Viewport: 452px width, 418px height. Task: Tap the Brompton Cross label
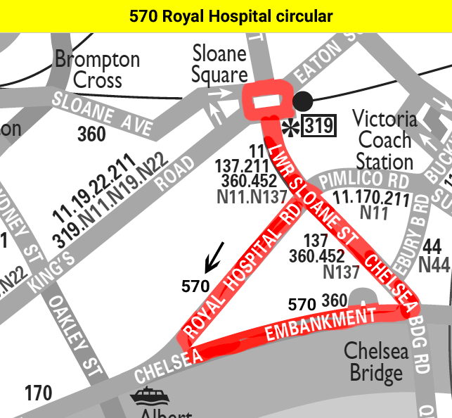pos(97,69)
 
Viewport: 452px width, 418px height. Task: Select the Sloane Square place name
pos(220,64)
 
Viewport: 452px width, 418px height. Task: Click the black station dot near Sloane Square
pos(302,101)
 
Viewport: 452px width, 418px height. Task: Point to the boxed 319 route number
pos(318,126)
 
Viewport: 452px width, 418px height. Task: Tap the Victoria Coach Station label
pos(384,139)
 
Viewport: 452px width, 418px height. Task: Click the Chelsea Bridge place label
pos(375,362)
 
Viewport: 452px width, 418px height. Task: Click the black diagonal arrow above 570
pos(214,257)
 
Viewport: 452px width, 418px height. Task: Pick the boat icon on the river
pos(149,396)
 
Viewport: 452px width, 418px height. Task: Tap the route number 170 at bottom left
pos(38,393)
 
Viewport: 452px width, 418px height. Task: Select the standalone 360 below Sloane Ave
pos(91,134)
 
